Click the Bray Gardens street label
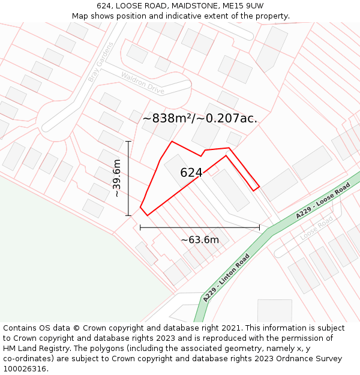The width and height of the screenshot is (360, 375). click(x=100, y=62)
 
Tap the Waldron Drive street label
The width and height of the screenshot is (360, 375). click(x=142, y=83)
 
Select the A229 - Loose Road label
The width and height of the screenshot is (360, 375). click(x=322, y=201)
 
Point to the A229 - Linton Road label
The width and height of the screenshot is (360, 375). click(x=226, y=278)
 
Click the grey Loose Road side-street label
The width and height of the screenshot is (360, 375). click(x=316, y=228)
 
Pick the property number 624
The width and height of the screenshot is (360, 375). click(x=191, y=173)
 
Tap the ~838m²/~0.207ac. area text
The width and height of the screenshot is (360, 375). click(x=200, y=119)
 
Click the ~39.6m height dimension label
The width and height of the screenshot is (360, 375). click(x=117, y=178)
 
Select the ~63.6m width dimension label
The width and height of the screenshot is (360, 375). click(x=200, y=240)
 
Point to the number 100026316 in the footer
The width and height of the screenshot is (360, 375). click(x=25, y=368)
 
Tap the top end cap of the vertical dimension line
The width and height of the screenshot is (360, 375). click(x=128, y=142)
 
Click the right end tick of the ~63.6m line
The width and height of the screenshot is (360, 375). click(x=259, y=227)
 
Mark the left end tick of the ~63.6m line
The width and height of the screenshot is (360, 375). click(x=140, y=227)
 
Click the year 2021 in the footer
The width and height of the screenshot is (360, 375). click(x=232, y=328)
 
